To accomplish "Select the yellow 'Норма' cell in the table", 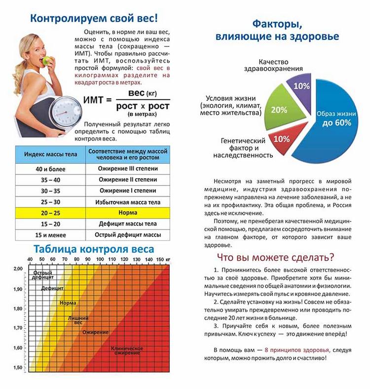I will click(x=128, y=213).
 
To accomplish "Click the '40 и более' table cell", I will click(x=50, y=168).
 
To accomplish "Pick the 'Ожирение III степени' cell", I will click(x=128, y=168).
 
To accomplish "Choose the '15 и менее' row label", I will click(x=50, y=235).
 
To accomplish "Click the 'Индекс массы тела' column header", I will click(x=50, y=154).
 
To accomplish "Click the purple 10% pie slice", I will click(x=301, y=86).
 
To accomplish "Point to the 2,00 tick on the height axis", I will click(x=18, y=269).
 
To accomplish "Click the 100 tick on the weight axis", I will click(x=99, y=260).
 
